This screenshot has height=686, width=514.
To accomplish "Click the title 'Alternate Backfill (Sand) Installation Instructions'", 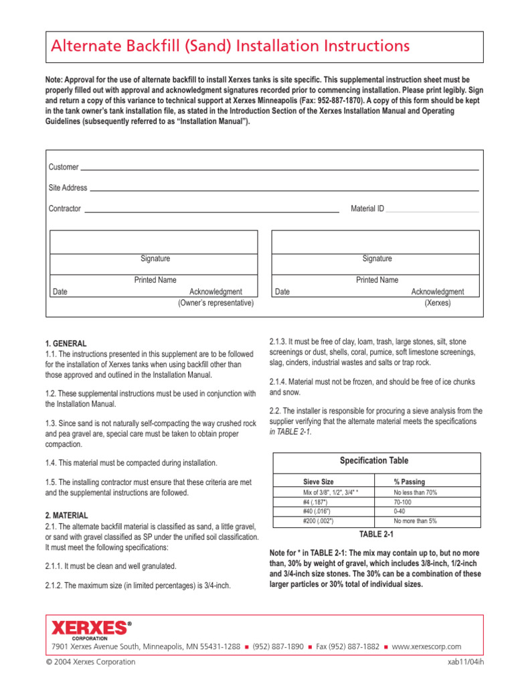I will [230, 46].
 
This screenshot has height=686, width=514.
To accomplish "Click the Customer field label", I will [64, 167].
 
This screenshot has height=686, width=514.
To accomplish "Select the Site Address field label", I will [68, 188].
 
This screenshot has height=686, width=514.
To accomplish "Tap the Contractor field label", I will [65, 209].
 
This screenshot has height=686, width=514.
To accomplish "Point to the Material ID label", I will [367, 209].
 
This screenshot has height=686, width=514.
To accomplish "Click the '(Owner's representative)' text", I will [216, 303].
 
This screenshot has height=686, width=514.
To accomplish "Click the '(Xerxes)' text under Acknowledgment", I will [438, 303].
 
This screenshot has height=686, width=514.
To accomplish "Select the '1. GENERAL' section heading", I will [66, 344].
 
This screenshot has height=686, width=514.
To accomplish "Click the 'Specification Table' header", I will [374, 461].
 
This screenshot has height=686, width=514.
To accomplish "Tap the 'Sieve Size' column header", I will [319, 482].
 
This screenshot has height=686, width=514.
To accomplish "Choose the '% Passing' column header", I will [409, 482].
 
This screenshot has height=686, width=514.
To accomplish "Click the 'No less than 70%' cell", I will [415, 492].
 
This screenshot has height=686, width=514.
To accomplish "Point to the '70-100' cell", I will [403, 502].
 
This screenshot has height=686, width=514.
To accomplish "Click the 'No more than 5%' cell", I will [415, 521].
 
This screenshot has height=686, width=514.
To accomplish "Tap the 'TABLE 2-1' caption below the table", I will [377, 535].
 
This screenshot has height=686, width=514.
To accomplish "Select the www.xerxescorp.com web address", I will [426, 646].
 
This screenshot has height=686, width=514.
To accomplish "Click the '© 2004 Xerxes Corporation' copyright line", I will [93, 662].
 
